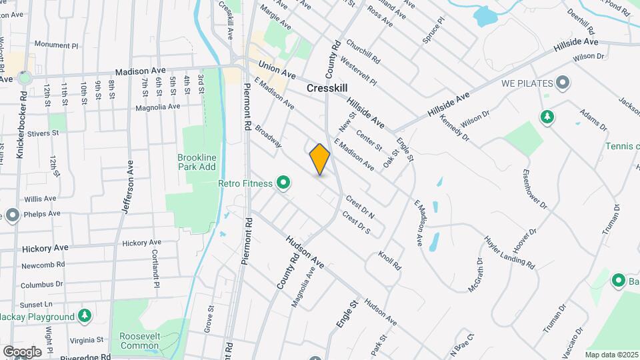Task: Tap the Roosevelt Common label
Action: click(x=140, y=341)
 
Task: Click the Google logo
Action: click(x=22, y=351)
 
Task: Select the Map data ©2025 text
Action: click(x=611, y=355)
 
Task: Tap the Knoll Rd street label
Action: click(x=389, y=261)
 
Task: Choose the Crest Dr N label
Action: click(x=361, y=207)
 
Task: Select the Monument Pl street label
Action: click(x=57, y=45)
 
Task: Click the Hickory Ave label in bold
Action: click(x=45, y=248)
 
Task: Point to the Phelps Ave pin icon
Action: click(x=12, y=215)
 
